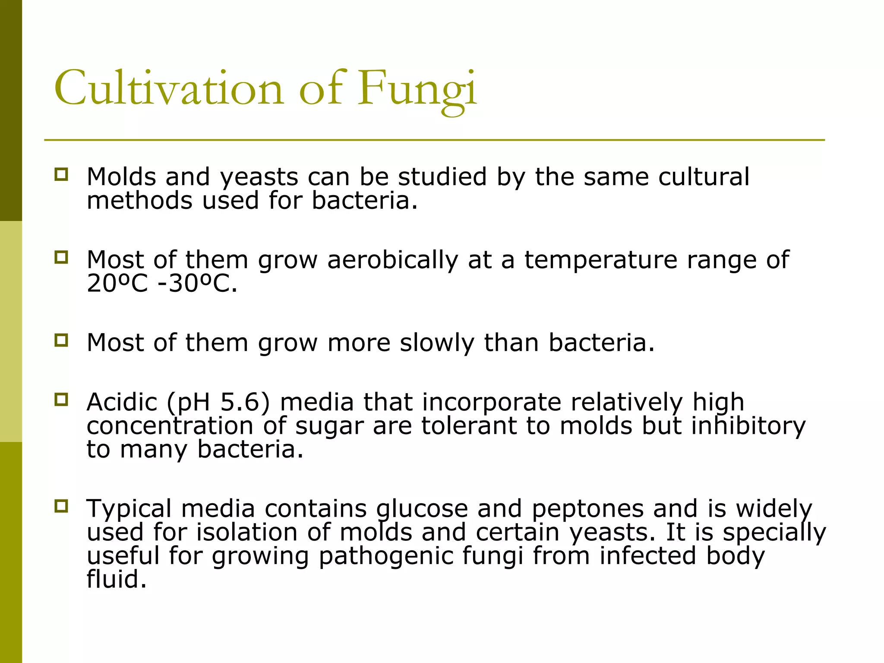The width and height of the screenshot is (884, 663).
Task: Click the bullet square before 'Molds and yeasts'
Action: (x=61, y=174)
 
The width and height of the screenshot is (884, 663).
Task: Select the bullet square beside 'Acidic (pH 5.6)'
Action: (x=61, y=400)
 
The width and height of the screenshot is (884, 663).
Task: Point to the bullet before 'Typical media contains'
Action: (x=61, y=506)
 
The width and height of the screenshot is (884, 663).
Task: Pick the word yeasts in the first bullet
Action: (x=259, y=178)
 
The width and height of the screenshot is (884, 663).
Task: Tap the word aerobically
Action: (x=392, y=260)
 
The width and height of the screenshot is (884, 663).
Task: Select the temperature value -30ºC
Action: (x=198, y=284)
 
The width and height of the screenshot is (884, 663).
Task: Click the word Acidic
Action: (x=122, y=402)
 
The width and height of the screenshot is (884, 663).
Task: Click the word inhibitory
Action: (x=748, y=426)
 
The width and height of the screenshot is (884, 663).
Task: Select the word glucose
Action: (x=422, y=509)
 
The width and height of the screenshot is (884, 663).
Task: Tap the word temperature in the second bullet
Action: (x=601, y=260)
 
